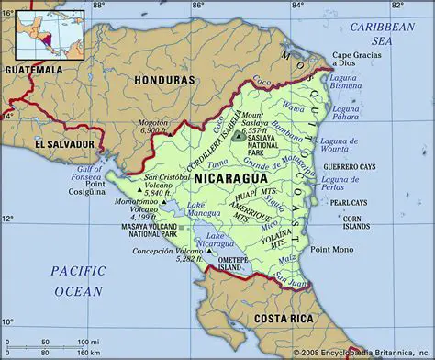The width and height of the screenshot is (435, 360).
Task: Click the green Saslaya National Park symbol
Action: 239,136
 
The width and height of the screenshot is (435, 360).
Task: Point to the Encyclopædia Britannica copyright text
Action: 362,353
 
